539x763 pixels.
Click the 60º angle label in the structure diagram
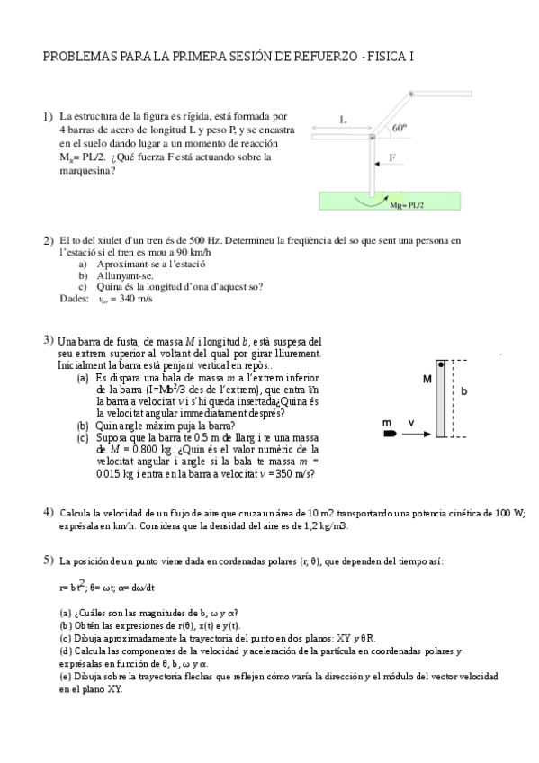400,128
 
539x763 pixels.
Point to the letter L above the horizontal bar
343,119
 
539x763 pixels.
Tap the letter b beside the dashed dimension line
463,392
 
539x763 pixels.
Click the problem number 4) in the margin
49,512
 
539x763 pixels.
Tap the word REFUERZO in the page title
319,56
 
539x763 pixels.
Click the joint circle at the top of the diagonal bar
410,93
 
